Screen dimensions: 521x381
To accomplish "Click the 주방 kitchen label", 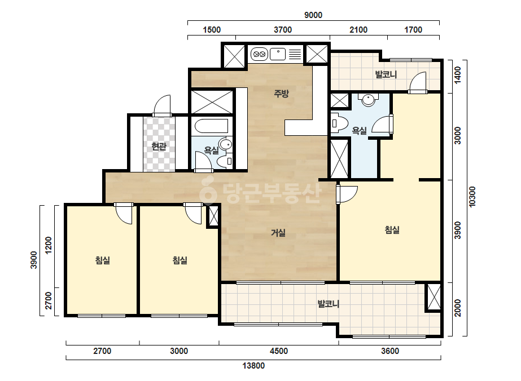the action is (x=281, y=94).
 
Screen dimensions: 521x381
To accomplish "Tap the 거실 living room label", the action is (x=278, y=233).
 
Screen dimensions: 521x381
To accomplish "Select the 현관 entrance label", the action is (x=159, y=146).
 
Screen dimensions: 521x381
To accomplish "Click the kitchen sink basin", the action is (x=278, y=54).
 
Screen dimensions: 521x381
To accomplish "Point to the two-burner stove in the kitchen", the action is (x=259, y=54).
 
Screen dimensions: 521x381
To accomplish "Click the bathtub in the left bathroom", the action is (x=211, y=126).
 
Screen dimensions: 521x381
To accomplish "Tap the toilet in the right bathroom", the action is (x=339, y=123).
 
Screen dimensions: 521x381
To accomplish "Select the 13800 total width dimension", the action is (x=253, y=366).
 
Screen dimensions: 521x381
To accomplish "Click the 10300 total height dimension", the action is (x=472, y=197).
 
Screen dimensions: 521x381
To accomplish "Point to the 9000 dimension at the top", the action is (x=313, y=15).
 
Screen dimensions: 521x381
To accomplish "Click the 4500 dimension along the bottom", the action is (x=278, y=351).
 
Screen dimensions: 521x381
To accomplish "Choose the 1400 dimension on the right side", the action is (x=458, y=76).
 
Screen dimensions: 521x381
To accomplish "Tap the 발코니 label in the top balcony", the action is (x=386, y=74).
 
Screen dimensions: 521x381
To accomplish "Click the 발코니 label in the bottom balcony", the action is (x=329, y=304).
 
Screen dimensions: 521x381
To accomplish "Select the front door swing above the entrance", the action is (x=162, y=105).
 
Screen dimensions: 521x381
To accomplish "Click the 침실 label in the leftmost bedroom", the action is (x=102, y=260).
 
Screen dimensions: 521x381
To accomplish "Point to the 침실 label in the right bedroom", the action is (x=392, y=229).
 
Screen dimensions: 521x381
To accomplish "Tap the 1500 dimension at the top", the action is (x=212, y=30).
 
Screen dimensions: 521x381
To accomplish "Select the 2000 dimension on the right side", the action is (x=458, y=308).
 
